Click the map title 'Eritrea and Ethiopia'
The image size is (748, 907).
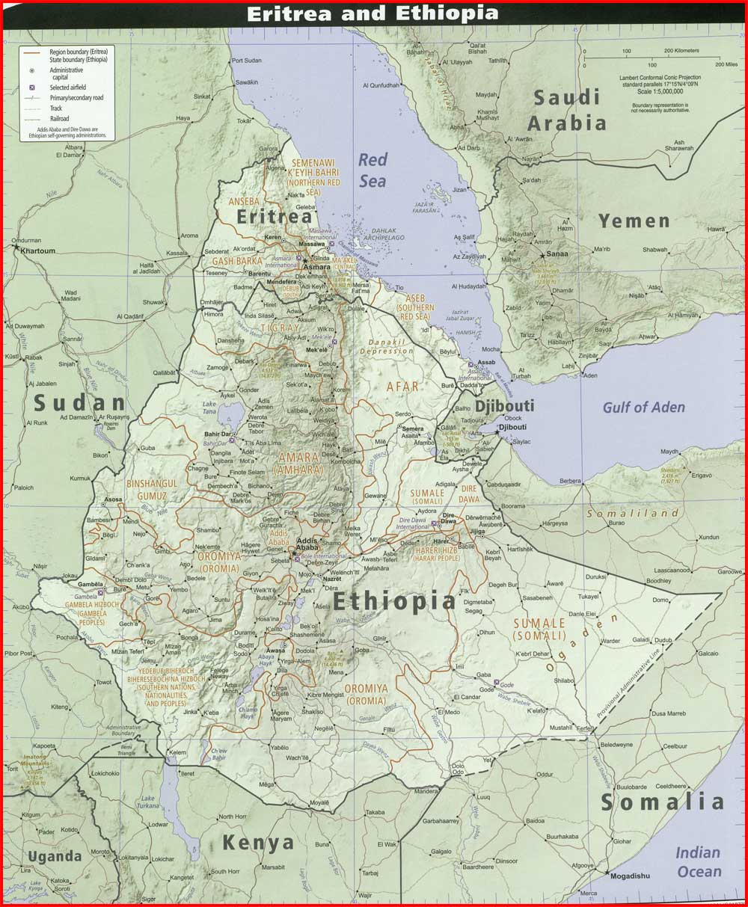[372, 13]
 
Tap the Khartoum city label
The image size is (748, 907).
[37, 251]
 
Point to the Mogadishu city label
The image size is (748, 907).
[630, 876]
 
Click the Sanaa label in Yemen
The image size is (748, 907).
[558, 254]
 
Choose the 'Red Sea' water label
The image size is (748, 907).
[373, 170]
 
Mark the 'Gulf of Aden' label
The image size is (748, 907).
[643, 407]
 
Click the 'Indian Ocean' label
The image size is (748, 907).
[699, 862]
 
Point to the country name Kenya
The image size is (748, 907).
[258, 843]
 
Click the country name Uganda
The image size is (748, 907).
[54, 856]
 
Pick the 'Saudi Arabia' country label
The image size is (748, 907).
[568, 109]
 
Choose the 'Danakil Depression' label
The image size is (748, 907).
[386, 346]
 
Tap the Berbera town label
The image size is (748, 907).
[570, 480]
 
